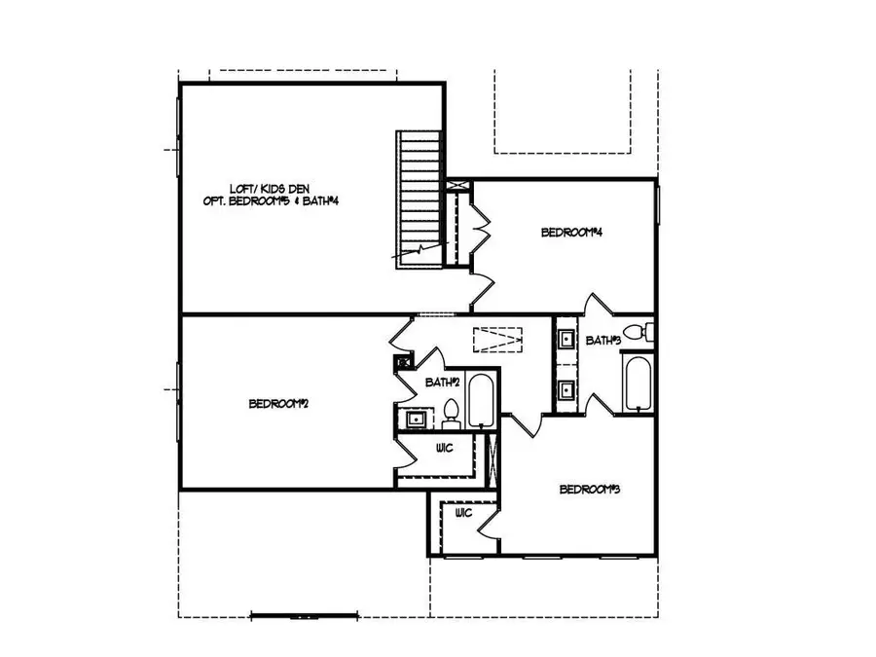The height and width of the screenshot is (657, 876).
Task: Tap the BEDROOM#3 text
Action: tap(590, 489)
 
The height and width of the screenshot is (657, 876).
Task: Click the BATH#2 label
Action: tap(442, 383)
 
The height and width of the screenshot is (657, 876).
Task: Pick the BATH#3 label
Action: tap(602, 340)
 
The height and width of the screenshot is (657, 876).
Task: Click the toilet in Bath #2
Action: tap(451, 413)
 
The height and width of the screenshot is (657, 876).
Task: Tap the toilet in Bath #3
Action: tap(636, 333)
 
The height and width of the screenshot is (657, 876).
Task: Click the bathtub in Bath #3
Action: tap(638, 384)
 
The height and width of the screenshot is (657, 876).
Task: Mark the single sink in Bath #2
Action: tap(414, 420)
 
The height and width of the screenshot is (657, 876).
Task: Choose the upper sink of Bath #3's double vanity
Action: tap(566, 340)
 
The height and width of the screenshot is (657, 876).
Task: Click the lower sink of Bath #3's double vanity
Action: tap(566, 391)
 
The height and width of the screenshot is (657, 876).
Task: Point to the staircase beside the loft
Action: tap(418, 195)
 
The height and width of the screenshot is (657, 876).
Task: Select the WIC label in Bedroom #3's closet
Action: tap(463, 512)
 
